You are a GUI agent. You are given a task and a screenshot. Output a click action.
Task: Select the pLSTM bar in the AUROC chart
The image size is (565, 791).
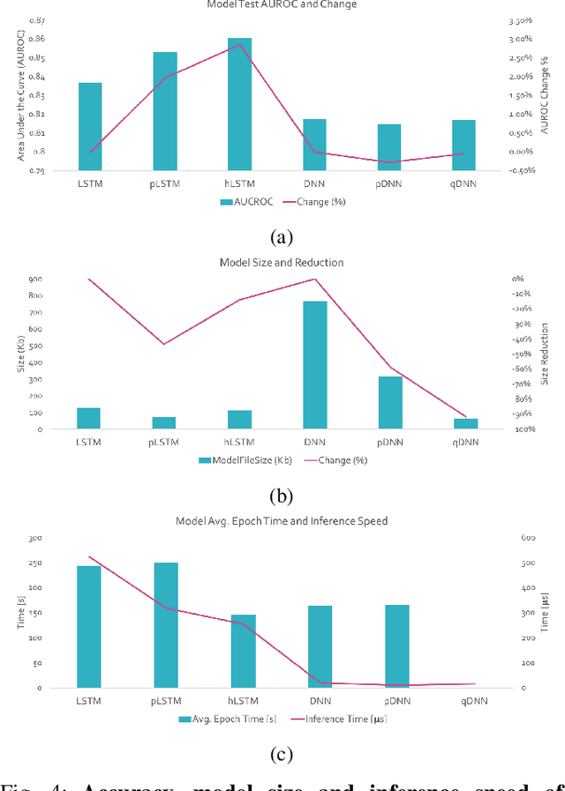tap(165, 111)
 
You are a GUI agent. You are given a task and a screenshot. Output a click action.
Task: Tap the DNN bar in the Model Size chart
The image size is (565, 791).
tap(315, 365)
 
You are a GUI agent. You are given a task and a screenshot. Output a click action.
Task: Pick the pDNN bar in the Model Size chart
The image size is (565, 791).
tap(390, 403)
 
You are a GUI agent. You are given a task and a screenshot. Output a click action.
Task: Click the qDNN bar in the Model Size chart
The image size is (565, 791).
tap(465, 424)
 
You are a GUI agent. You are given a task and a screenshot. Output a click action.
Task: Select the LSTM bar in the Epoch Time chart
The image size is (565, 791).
tap(89, 626)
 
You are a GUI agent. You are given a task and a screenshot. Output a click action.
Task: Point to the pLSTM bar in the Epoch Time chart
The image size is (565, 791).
tap(166, 624)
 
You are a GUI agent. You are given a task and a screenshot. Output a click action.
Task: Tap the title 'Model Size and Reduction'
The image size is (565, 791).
tap(282, 263)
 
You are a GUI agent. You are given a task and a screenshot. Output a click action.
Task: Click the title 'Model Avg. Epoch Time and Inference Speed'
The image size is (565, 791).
tap(282, 521)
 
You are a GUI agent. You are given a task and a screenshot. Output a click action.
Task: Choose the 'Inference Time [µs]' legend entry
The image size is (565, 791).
tap(340, 720)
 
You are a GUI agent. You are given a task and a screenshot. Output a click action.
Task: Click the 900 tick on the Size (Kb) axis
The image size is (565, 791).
tap(35, 280)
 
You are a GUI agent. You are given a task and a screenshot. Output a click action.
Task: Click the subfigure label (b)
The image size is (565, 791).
tap(281, 496)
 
